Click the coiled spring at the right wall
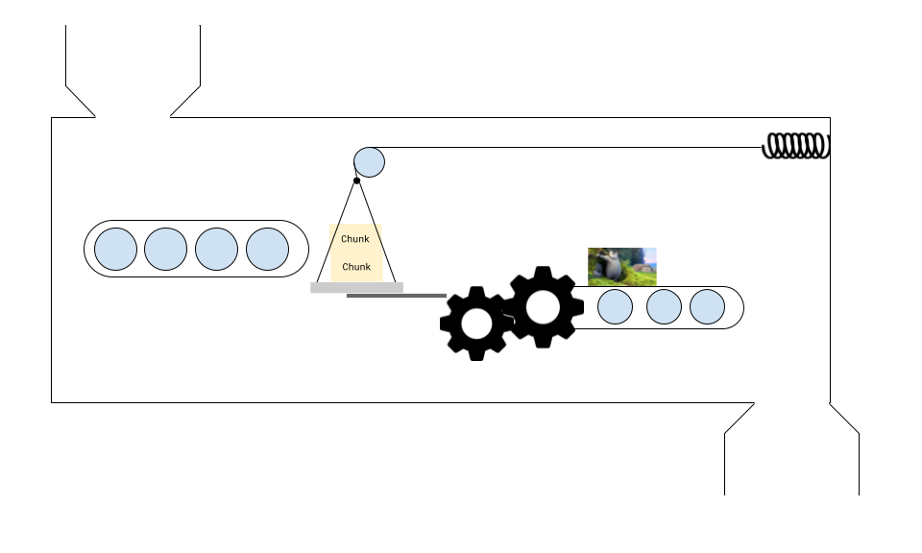click(796, 146)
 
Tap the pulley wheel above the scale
click(369, 161)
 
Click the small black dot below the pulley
click(356, 180)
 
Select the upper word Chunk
click(355, 239)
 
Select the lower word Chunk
click(356, 267)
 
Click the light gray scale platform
click(356, 287)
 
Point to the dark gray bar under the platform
click(396, 296)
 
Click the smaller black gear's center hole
click(476, 324)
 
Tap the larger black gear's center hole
click(543, 306)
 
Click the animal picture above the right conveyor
click(621, 266)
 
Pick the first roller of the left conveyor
click(115, 249)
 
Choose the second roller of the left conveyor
click(165, 249)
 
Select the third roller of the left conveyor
click(216, 249)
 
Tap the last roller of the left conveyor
click(267, 249)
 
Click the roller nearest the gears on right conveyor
click(615, 307)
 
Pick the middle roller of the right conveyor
click(664, 307)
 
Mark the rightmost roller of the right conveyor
click(707, 307)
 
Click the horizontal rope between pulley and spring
click(576, 148)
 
